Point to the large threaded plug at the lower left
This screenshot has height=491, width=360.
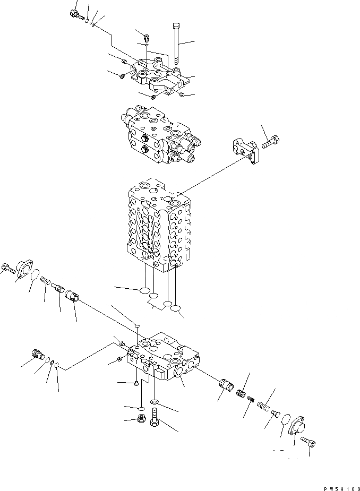38,353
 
